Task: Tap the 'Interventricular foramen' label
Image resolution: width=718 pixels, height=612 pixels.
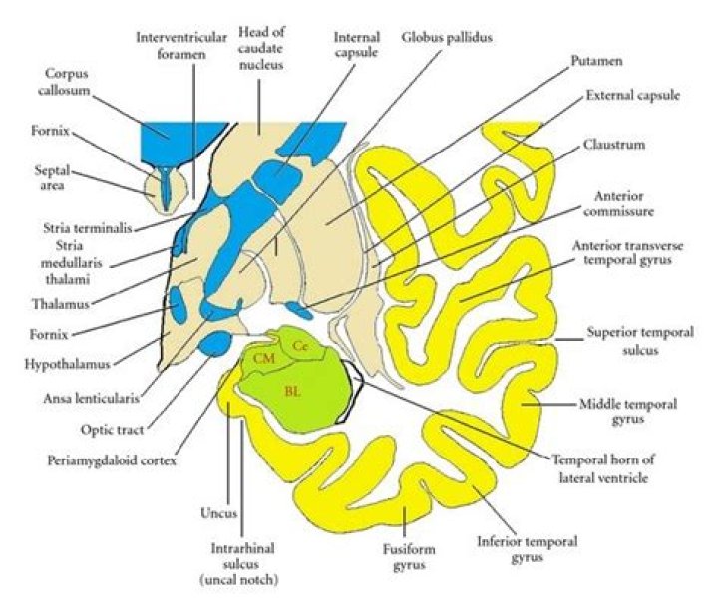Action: click(x=176, y=46)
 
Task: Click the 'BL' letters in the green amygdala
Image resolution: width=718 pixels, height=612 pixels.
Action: click(x=293, y=390)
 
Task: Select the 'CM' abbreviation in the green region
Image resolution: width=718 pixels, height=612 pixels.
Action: click(x=264, y=357)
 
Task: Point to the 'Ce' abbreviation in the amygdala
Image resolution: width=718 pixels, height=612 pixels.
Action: click(x=300, y=344)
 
